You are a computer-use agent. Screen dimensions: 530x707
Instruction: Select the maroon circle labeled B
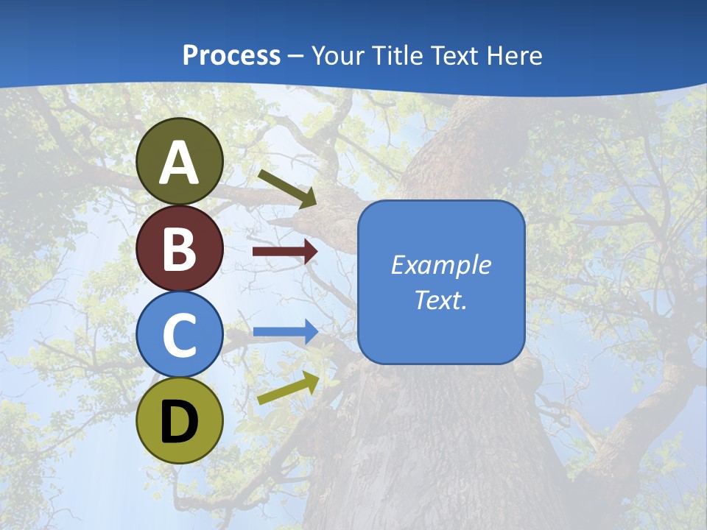(x=179, y=248)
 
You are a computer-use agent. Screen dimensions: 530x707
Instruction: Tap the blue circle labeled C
(x=179, y=334)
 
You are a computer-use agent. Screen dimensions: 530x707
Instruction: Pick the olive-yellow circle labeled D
(x=179, y=420)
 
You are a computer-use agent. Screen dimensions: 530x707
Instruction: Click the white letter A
(x=179, y=163)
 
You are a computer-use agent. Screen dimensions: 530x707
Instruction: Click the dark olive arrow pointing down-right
(x=287, y=188)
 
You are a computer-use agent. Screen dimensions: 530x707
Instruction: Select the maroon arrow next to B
(x=284, y=252)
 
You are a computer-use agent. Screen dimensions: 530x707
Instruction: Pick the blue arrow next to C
(x=284, y=331)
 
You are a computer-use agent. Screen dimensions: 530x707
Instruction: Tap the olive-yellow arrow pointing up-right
(x=288, y=388)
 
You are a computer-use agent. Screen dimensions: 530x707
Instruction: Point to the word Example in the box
(x=440, y=265)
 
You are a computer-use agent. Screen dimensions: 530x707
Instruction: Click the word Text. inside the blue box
(x=440, y=300)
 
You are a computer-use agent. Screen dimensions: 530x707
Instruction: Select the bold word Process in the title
(x=231, y=55)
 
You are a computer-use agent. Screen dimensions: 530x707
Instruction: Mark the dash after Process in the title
(x=296, y=57)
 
